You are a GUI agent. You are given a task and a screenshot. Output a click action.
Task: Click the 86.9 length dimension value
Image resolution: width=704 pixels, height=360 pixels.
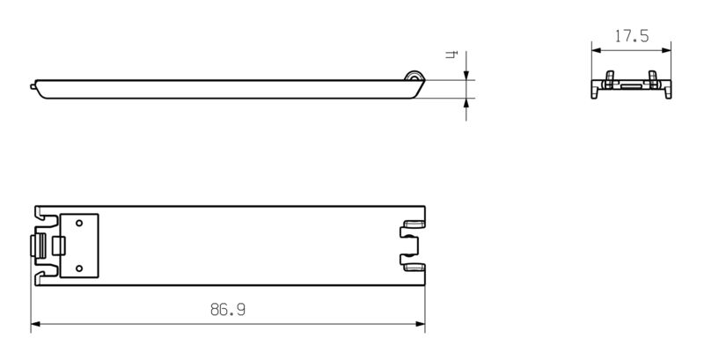[x=227, y=310]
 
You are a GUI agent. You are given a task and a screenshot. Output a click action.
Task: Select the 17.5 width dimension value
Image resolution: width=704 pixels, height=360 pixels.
[x=631, y=37]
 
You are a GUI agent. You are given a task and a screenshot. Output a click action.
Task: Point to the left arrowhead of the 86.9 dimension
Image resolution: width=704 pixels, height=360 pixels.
[x=36, y=325]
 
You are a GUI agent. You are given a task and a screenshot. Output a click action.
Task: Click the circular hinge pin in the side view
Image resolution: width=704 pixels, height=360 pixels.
[x=413, y=78]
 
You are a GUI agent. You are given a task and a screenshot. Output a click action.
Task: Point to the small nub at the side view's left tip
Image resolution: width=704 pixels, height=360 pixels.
[x=34, y=86]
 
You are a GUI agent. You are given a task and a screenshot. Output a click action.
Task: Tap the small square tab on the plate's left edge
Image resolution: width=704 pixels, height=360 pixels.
[x=60, y=245]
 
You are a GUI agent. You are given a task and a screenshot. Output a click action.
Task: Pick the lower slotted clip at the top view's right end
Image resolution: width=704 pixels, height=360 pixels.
[x=412, y=261]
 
